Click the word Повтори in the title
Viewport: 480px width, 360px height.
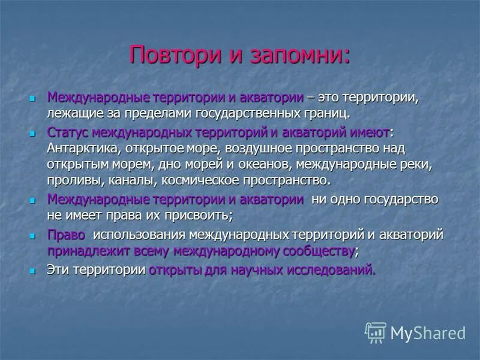pos(169,55)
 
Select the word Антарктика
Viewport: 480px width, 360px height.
pos(80,147)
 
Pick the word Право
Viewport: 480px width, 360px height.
pos(66,235)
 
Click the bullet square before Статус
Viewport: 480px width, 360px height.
pos(33,132)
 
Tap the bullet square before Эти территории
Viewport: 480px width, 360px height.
pos(33,271)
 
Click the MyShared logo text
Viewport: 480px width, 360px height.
pos(428,333)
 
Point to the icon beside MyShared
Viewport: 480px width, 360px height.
pos(376,332)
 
